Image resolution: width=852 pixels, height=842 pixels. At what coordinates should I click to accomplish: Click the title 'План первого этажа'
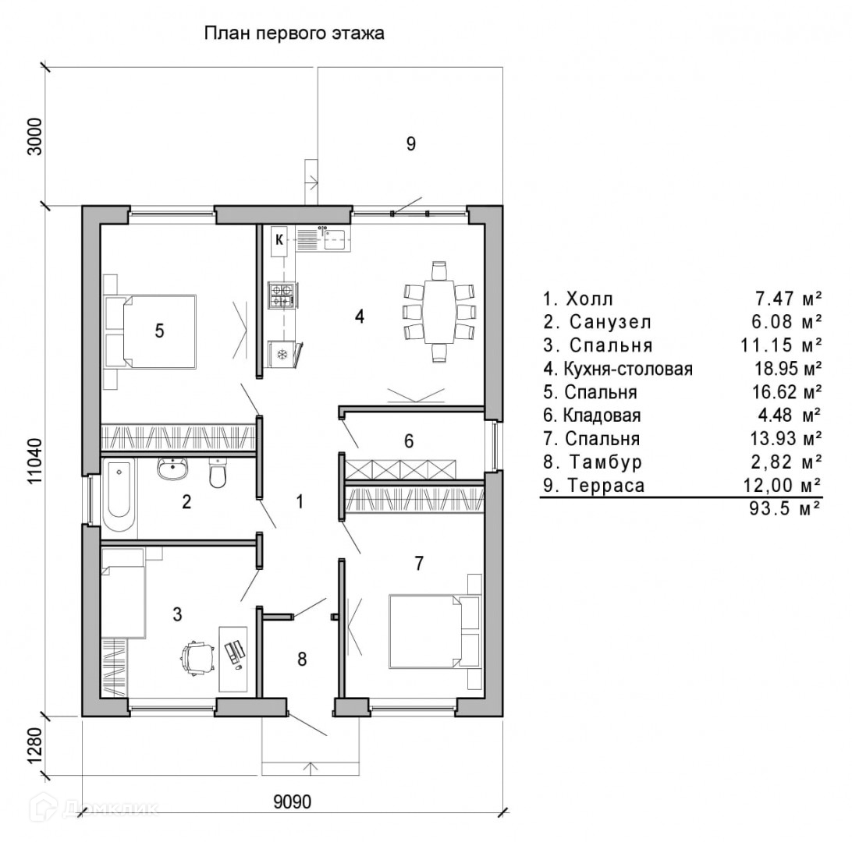pyautogui.click(x=294, y=34)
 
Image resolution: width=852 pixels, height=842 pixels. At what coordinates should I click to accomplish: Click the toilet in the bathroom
pyautogui.click(x=218, y=472)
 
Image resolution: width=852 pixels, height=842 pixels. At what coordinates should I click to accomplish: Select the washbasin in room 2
pyautogui.click(x=172, y=470)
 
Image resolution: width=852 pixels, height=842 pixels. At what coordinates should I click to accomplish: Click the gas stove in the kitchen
pyautogui.click(x=281, y=295)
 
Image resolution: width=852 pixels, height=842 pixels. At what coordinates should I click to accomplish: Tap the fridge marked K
pyautogui.click(x=279, y=240)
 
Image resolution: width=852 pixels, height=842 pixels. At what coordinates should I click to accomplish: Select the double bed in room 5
pyautogui.click(x=160, y=331)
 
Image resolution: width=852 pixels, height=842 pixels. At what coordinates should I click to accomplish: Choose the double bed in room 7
pyautogui.click(x=425, y=631)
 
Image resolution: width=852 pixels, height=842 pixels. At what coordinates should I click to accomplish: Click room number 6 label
pyautogui.click(x=408, y=442)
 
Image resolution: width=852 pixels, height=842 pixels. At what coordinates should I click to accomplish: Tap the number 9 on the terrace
pyautogui.click(x=411, y=143)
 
